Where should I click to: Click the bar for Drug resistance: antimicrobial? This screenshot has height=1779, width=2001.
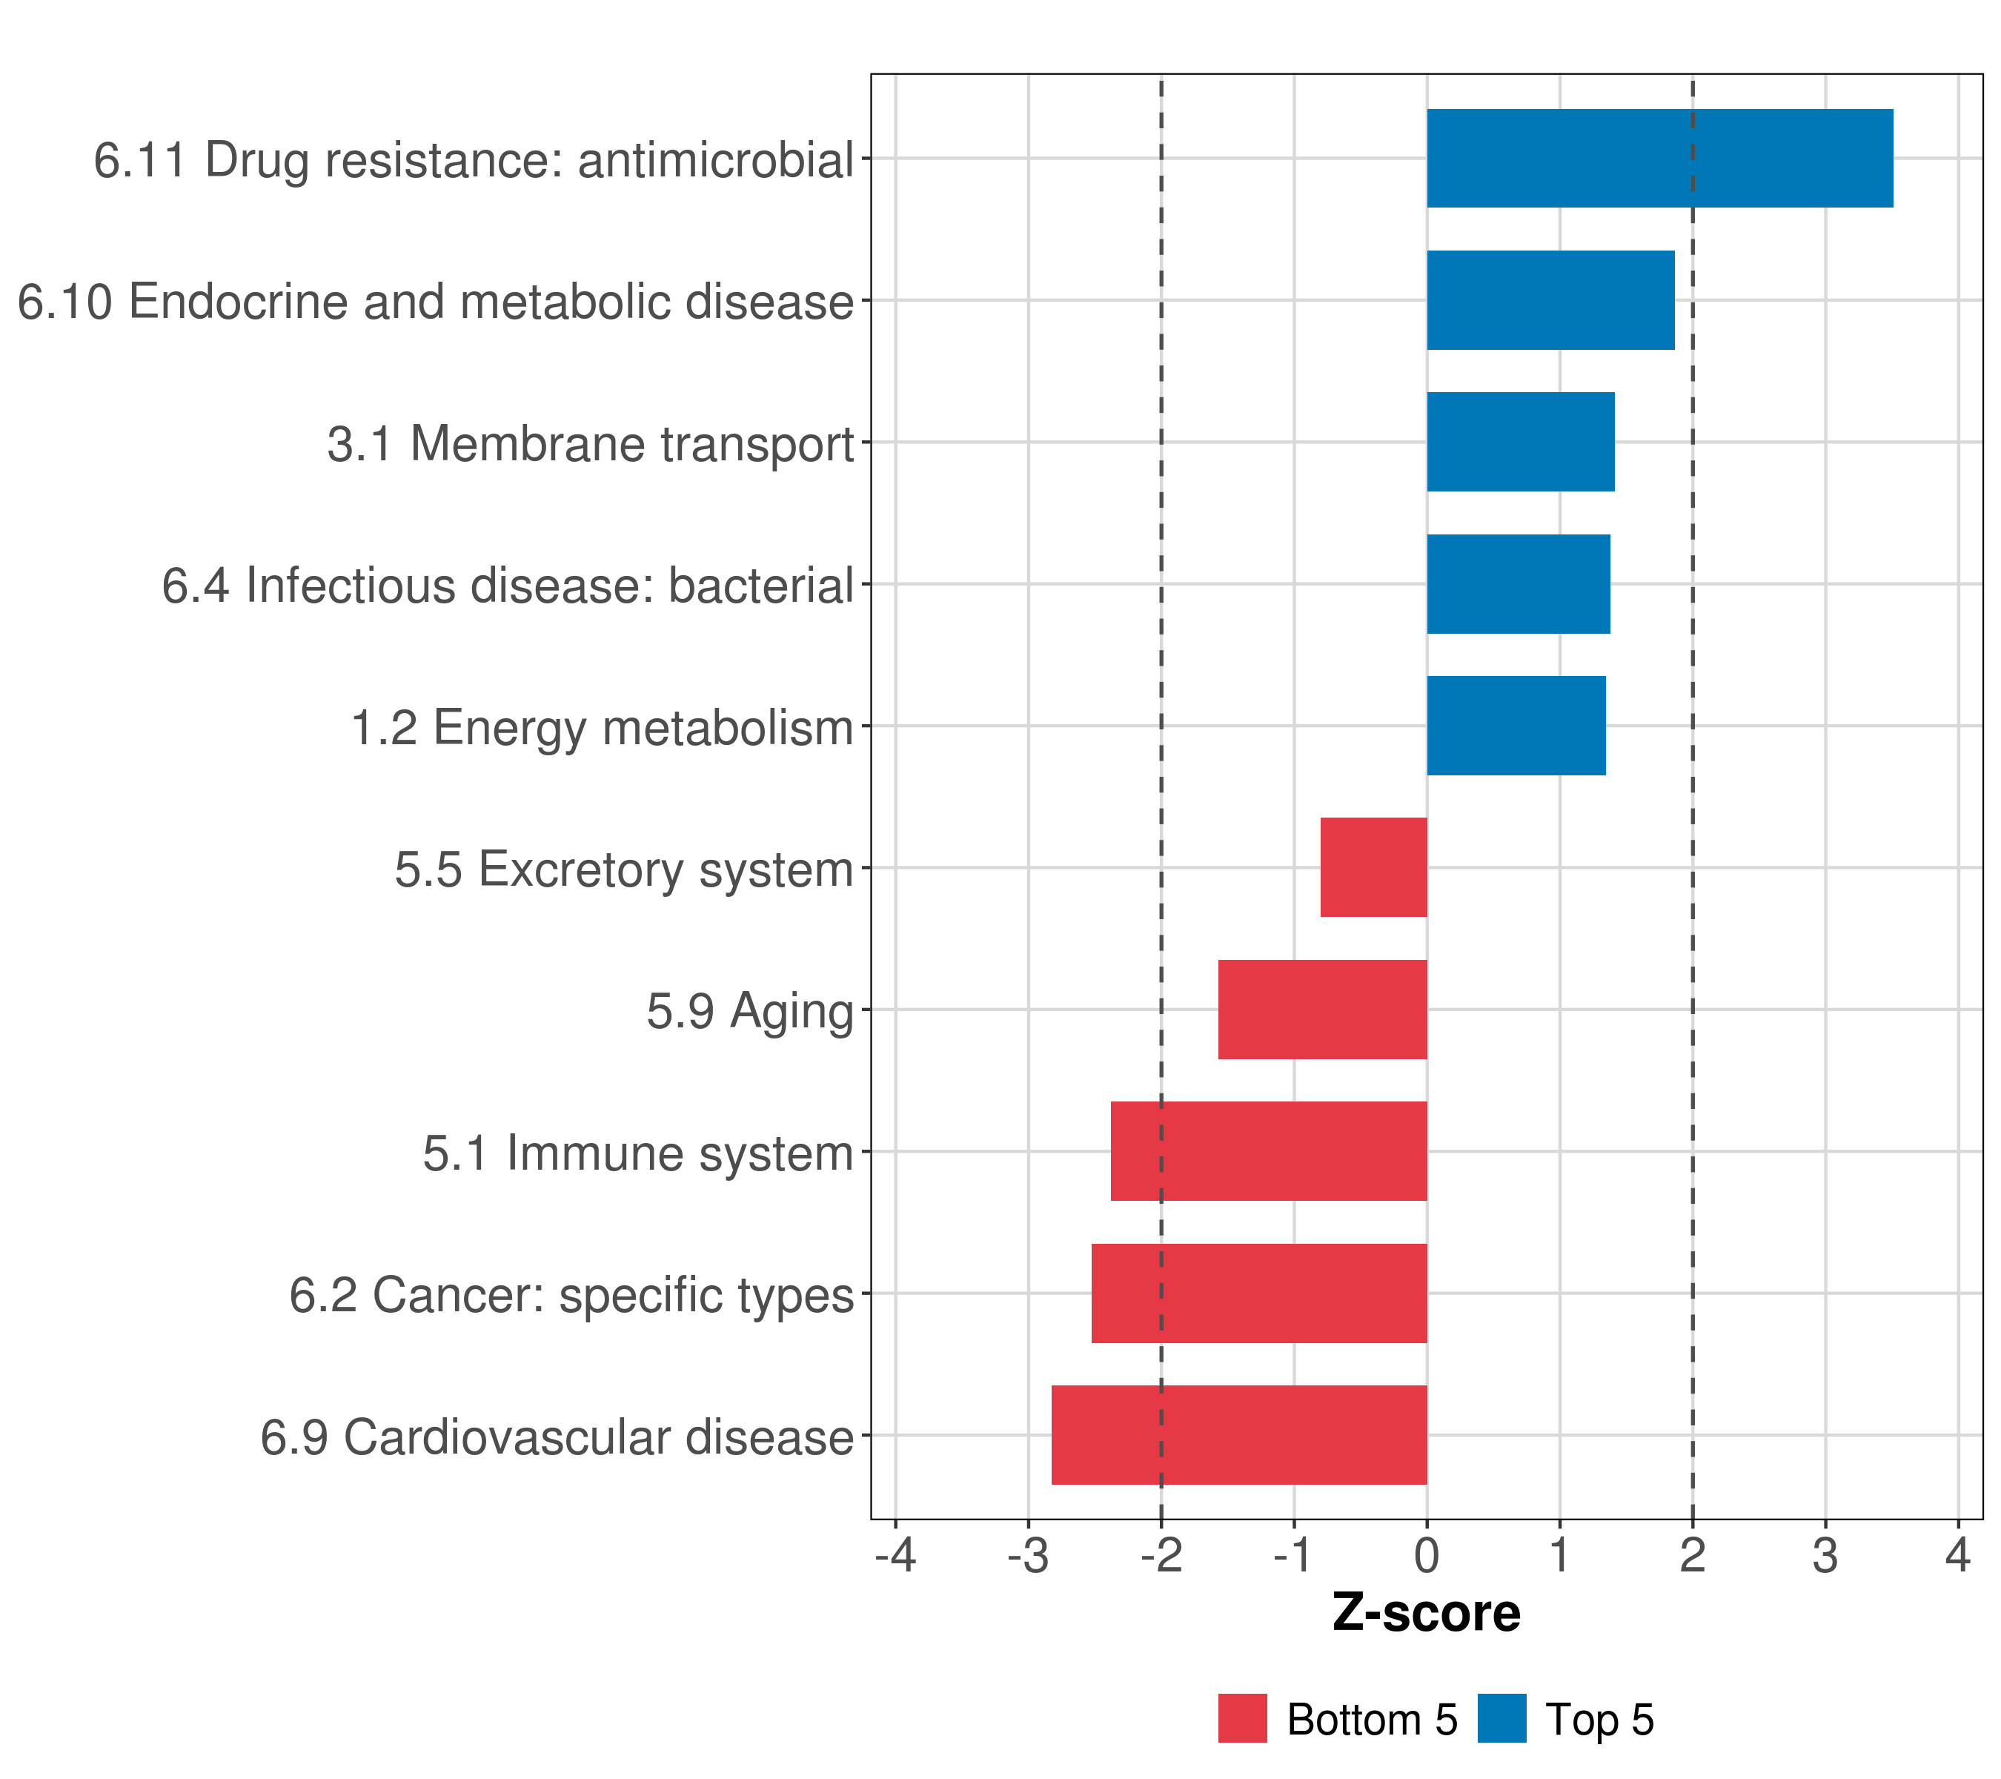pyautogui.click(x=1659, y=158)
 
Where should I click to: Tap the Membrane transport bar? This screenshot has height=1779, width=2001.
pyautogui.click(x=1520, y=442)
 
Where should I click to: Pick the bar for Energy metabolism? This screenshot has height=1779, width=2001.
pyautogui.click(x=1516, y=726)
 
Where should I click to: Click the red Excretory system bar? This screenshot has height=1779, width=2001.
pyautogui.click(x=1373, y=867)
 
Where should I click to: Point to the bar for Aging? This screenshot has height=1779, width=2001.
pyautogui.click(x=1323, y=1010)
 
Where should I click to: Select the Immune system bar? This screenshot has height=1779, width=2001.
pyautogui.click(x=1269, y=1151)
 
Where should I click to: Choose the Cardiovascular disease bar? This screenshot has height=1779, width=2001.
pyautogui.click(x=1239, y=1435)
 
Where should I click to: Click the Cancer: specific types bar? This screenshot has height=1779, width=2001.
pyautogui.click(x=1259, y=1293)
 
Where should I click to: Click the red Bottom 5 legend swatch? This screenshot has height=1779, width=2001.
pyautogui.click(x=1242, y=1718)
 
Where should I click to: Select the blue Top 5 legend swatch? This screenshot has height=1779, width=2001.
pyautogui.click(x=1501, y=1718)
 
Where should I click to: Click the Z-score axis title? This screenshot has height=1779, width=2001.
pyautogui.click(x=1427, y=1612)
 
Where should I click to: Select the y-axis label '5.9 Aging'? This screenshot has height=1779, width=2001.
pyautogui.click(x=750, y=1011)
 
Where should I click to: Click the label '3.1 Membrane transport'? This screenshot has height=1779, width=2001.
pyautogui.click(x=591, y=443)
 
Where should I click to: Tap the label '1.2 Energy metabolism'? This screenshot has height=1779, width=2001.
pyautogui.click(x=602, y=727)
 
